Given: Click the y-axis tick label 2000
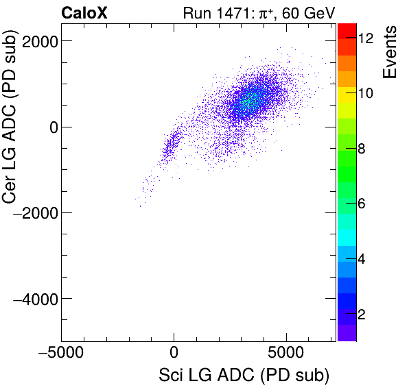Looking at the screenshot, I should point(38,41).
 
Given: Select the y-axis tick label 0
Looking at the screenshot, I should point(51,127).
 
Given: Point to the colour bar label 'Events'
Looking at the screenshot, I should point(391,52).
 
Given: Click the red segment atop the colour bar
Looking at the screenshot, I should point(347,29).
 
